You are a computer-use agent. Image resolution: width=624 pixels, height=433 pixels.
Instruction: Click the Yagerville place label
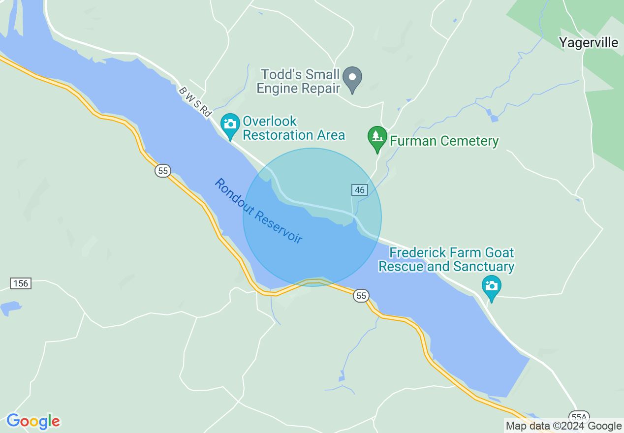point(589,43)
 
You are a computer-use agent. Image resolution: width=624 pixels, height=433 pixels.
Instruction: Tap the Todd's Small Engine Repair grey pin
point(352,79)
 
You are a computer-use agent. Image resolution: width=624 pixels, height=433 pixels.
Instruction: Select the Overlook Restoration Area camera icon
point(230,124)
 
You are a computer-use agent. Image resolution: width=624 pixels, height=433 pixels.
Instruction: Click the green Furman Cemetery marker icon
point(377,137)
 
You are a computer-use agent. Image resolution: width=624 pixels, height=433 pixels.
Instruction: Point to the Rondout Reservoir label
point(258,211)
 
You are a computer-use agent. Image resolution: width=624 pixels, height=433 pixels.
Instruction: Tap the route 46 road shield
point(360,190)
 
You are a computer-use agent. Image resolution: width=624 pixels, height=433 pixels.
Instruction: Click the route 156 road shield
point(21,283)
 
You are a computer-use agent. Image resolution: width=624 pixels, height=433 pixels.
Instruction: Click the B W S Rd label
point(195,102)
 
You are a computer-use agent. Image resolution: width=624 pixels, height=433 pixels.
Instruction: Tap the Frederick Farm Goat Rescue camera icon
point(491,286)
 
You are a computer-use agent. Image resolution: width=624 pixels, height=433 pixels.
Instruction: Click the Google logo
point(33,421)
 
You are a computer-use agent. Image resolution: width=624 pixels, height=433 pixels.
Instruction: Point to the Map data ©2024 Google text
point(564,426)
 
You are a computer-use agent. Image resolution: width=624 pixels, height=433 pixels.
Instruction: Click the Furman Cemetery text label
point(444,141)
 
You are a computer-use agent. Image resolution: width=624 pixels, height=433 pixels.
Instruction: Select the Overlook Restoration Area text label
point(294,128)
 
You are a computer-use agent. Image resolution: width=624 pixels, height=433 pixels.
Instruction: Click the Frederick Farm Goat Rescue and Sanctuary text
point(446,260)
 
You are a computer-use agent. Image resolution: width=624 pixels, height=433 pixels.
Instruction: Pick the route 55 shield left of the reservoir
point(163,171)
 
